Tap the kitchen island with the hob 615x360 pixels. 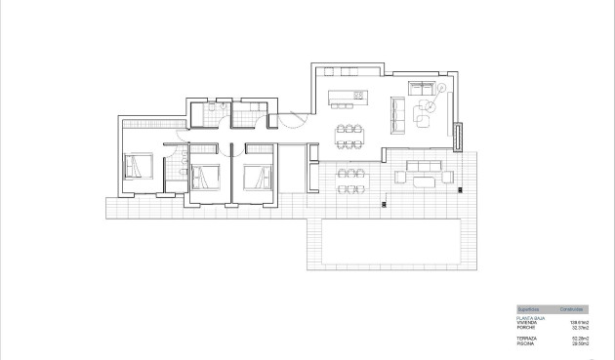point(347,96)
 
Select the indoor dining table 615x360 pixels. point(349,130)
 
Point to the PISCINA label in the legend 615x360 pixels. point(526,341)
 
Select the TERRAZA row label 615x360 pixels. point(527,337)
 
